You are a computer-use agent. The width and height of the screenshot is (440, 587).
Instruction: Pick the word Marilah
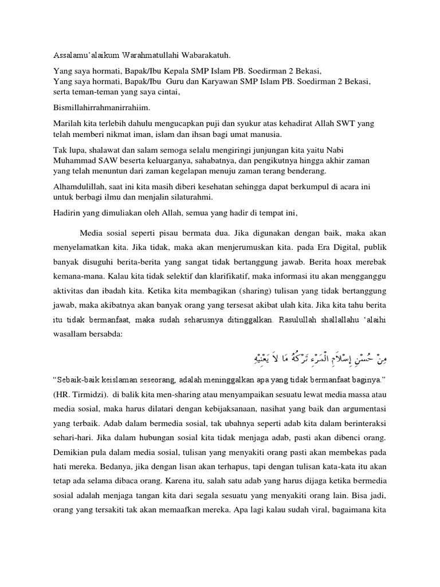(x=60, y=124)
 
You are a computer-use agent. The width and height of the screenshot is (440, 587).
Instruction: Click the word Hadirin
(x=60, y=214)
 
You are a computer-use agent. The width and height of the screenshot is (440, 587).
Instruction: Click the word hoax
(x=357, y=267)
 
